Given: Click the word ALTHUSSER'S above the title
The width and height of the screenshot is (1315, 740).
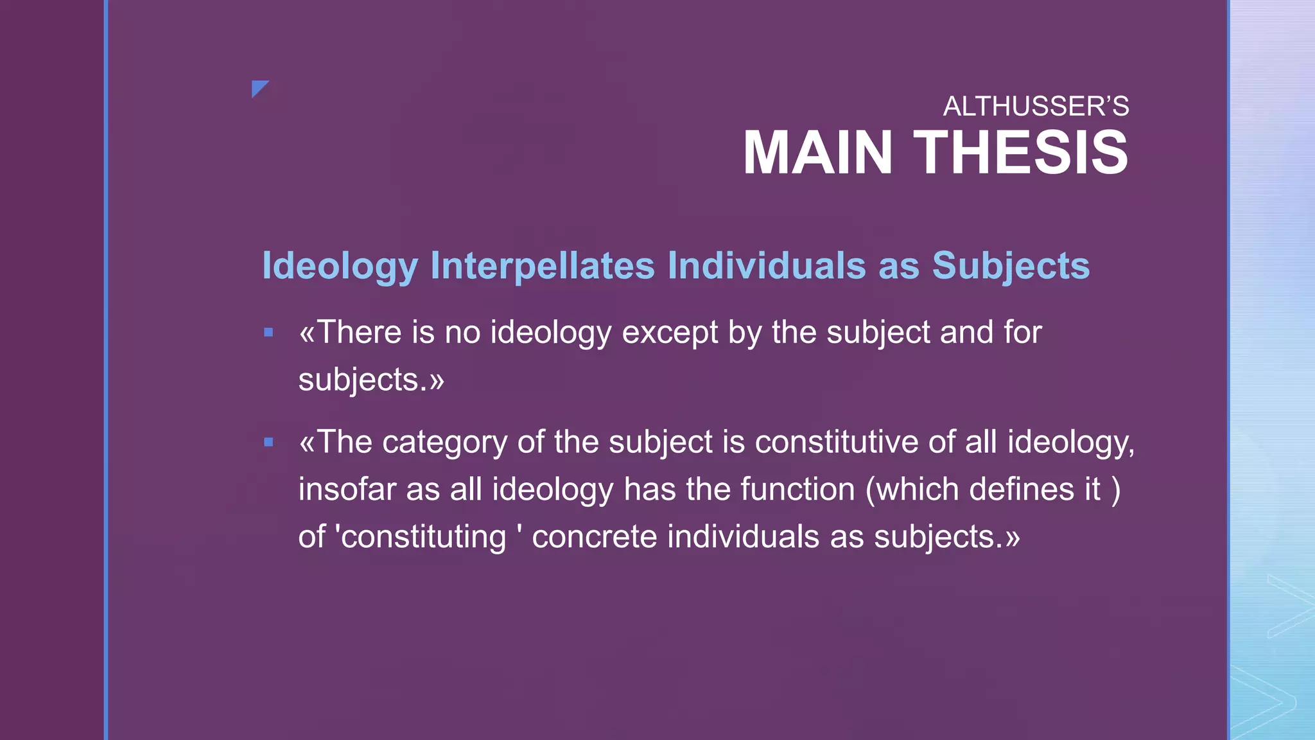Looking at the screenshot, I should coord(1035,107).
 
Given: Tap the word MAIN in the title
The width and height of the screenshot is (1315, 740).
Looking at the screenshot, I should coord(817,153).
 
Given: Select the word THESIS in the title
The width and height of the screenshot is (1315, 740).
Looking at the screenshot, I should coord(1020,153).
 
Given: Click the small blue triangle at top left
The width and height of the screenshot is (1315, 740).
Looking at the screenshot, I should coord(259,87).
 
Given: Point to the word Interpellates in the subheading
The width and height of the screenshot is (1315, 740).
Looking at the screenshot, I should coord(542,265).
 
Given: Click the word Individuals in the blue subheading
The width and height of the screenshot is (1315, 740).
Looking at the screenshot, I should coord(767,265).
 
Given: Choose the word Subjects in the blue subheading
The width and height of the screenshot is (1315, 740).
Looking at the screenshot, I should coord(1011,267).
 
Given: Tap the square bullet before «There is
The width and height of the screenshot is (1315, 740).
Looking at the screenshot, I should coord(268,332).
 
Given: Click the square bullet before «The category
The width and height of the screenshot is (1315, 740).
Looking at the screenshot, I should coord(268,442).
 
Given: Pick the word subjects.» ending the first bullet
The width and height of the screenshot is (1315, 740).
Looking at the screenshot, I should coord(371,380).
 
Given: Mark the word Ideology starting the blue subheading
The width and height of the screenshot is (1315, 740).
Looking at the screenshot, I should coord(340,267).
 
